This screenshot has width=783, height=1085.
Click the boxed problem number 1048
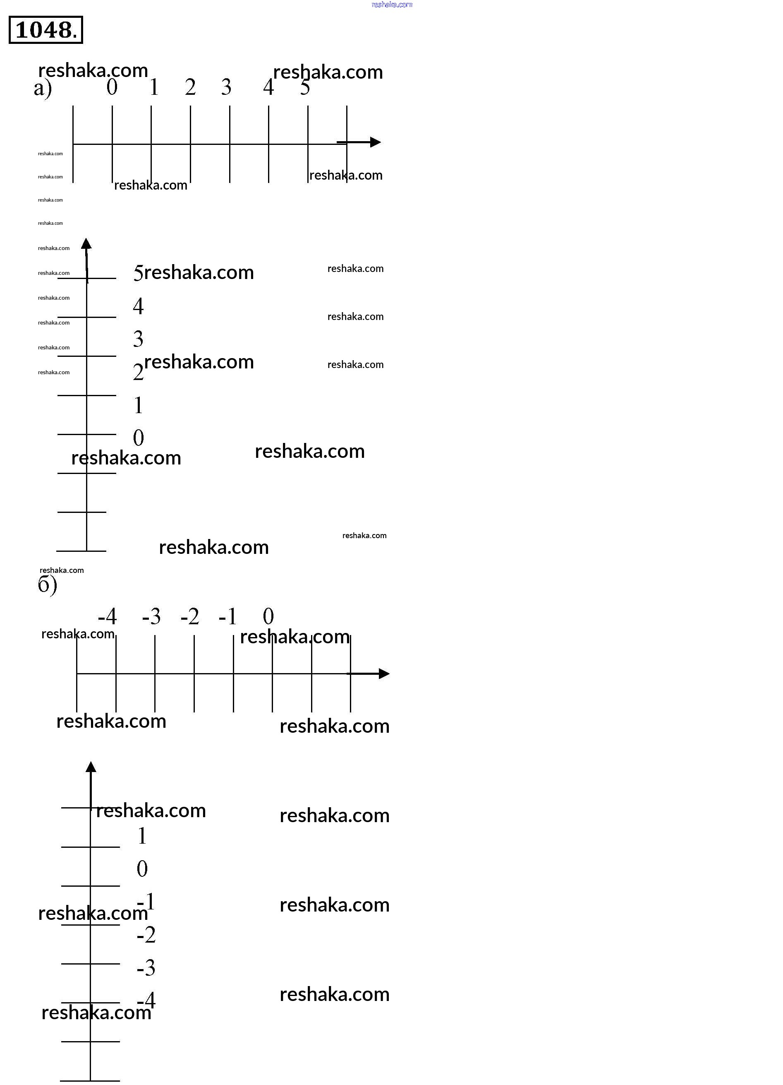pyautogui.click(x=45, y=30)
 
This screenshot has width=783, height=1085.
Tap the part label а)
pyautogui.click(x=43, y=89)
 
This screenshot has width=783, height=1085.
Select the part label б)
pyautogui.click(x=47, y=585)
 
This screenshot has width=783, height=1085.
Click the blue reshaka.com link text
pyautogui.click(x=391, y=5)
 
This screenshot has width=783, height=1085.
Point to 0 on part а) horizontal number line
pyautogui.click(x=112, y=87)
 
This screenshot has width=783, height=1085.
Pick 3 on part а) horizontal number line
pyautogui.click(x=226, y=87)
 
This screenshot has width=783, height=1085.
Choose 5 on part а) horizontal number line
pyautogui.click(x=305, y=87)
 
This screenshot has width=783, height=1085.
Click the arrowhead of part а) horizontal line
pyautogui.click(x=375, y=142)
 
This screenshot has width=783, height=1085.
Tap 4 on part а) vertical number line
pyautogui.click(x=138, y=306)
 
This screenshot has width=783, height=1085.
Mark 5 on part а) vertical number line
pyautogui.click(x=138, y=273)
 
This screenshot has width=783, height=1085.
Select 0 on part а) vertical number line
pyautogui.click(x=138, y=438)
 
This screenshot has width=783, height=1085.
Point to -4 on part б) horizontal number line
pyautogui.click(x=107, y=617)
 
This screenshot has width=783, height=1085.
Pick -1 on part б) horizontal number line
pyautogui.click(x=227, y=617)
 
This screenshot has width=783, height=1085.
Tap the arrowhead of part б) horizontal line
pyautogui.click(x=384, y=674)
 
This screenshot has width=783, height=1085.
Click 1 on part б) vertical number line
pyautogui.click(x=142, y=836)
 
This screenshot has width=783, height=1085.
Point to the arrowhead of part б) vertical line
pyautogui.click(x=91, y=767)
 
